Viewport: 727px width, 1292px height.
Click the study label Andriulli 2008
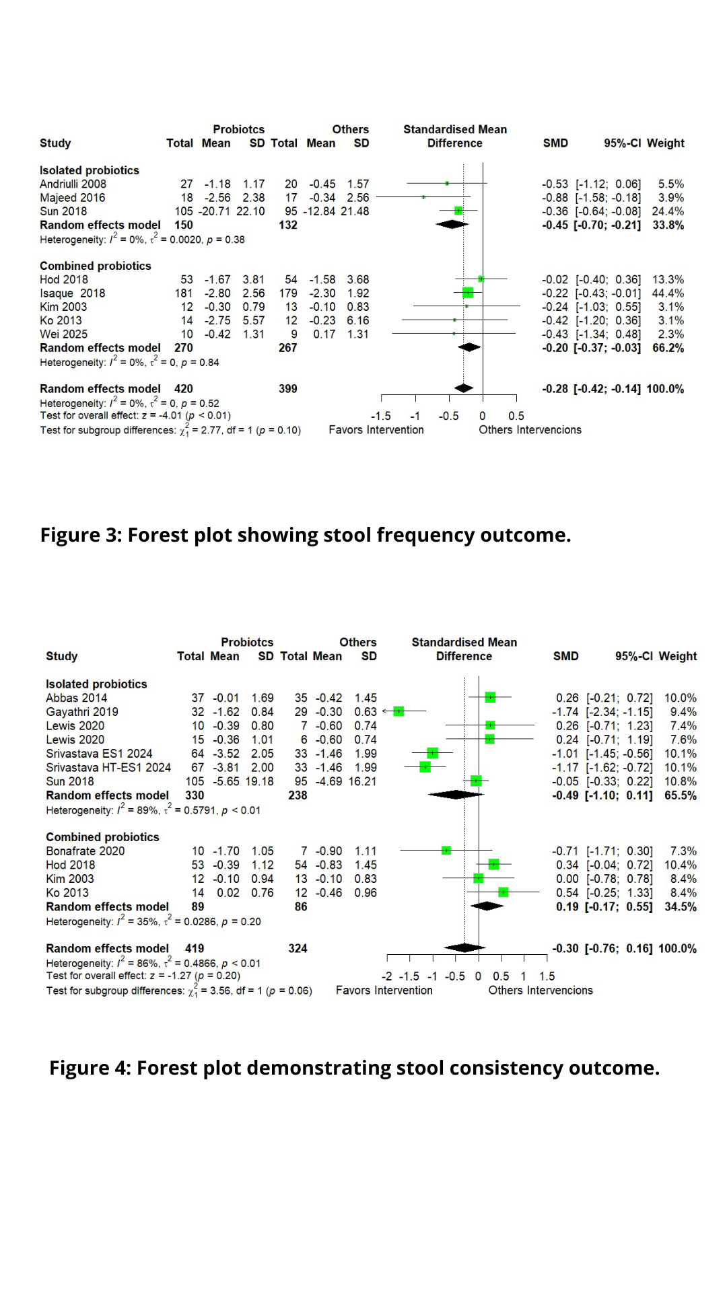73,184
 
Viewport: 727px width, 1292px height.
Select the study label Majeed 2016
72,198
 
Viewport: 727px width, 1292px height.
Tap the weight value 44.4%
668,293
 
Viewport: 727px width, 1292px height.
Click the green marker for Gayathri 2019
399,711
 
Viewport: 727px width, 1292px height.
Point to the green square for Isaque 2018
468,293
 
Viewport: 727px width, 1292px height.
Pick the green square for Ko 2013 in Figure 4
503,892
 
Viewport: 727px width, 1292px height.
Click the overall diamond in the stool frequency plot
464,388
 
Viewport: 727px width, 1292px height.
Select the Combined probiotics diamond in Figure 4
487,906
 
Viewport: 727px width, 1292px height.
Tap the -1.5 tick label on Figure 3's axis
381,416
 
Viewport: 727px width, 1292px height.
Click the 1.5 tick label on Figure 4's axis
547,976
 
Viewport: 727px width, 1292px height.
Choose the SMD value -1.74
565,712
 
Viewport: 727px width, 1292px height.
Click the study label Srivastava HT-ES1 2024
108,768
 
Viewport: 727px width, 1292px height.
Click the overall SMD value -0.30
565,949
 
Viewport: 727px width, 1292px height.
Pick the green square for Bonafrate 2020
446,851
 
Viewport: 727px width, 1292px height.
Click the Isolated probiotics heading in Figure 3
89,170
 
